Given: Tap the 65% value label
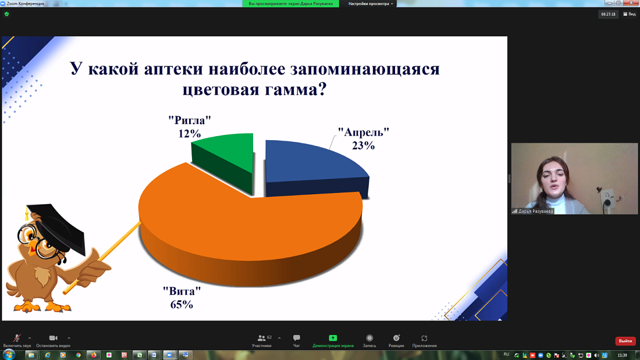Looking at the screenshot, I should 182,304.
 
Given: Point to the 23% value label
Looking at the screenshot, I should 363,145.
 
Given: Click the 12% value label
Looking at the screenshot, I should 190,134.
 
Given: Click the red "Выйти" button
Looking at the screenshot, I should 625,341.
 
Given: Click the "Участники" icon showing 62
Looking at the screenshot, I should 261,338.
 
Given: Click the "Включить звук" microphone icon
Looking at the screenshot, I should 17,338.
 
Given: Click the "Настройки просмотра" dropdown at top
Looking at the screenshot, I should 371,3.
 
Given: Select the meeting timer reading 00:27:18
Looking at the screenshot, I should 609,14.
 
